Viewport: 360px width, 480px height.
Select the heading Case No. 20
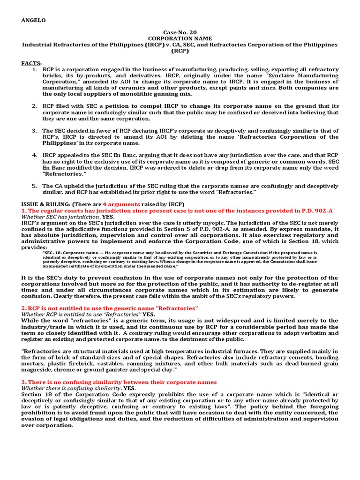(180, 32)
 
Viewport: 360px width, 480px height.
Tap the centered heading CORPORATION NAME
(180, 38)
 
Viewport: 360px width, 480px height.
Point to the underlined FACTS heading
(31, 63)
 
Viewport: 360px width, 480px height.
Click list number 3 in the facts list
(35, 131)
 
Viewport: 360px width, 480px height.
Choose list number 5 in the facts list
(35, 186)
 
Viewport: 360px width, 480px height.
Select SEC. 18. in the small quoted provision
(52, 253)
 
